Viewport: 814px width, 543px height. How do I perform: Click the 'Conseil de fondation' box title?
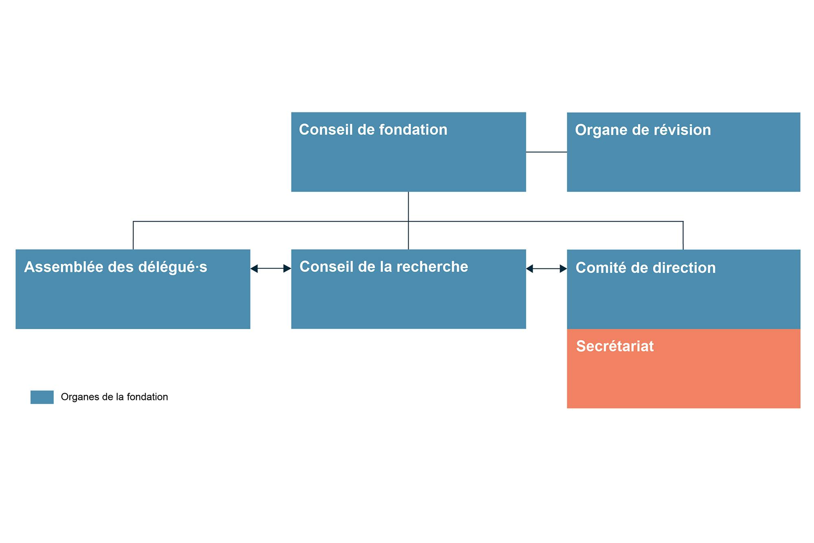[x=373, y=130]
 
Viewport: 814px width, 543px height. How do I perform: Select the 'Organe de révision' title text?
[x=643, y=130]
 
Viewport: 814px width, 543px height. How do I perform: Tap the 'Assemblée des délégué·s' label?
[x=116, y=267]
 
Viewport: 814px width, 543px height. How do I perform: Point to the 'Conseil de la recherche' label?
[x=384, y=267]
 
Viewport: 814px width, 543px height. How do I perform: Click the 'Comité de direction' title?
[x=646, y=268]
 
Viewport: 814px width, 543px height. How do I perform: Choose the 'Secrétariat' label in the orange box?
[x=615, y=346]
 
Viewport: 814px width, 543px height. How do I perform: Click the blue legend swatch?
[x=42, y=397]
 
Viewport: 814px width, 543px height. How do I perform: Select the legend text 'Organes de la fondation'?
[x=114, y=397]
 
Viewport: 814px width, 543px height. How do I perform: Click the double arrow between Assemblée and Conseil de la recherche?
[x=271, y=268]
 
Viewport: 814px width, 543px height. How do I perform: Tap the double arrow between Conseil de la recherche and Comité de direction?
[x=547, y=269]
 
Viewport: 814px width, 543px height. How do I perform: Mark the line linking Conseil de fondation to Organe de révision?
[x=547, y=152]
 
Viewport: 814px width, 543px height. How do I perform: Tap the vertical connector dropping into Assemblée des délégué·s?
[x=133, y=235]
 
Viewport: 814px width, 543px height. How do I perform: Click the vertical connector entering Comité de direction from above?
[x=683, y=235]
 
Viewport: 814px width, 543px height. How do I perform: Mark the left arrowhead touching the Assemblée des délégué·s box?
[x=254, y=268]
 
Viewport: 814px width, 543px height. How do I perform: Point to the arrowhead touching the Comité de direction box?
[x=563, y=269]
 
